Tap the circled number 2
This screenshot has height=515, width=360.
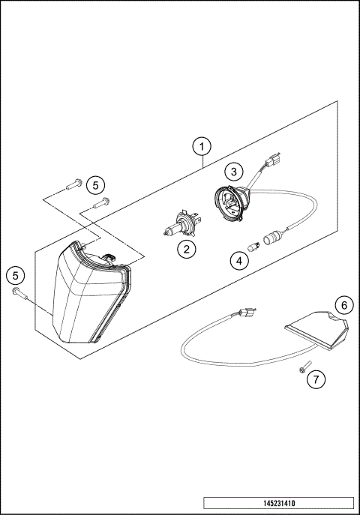[x=186, y=249]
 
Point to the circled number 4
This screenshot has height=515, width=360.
[x=238, y=262]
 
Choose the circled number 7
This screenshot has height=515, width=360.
[x=316, y=379]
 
